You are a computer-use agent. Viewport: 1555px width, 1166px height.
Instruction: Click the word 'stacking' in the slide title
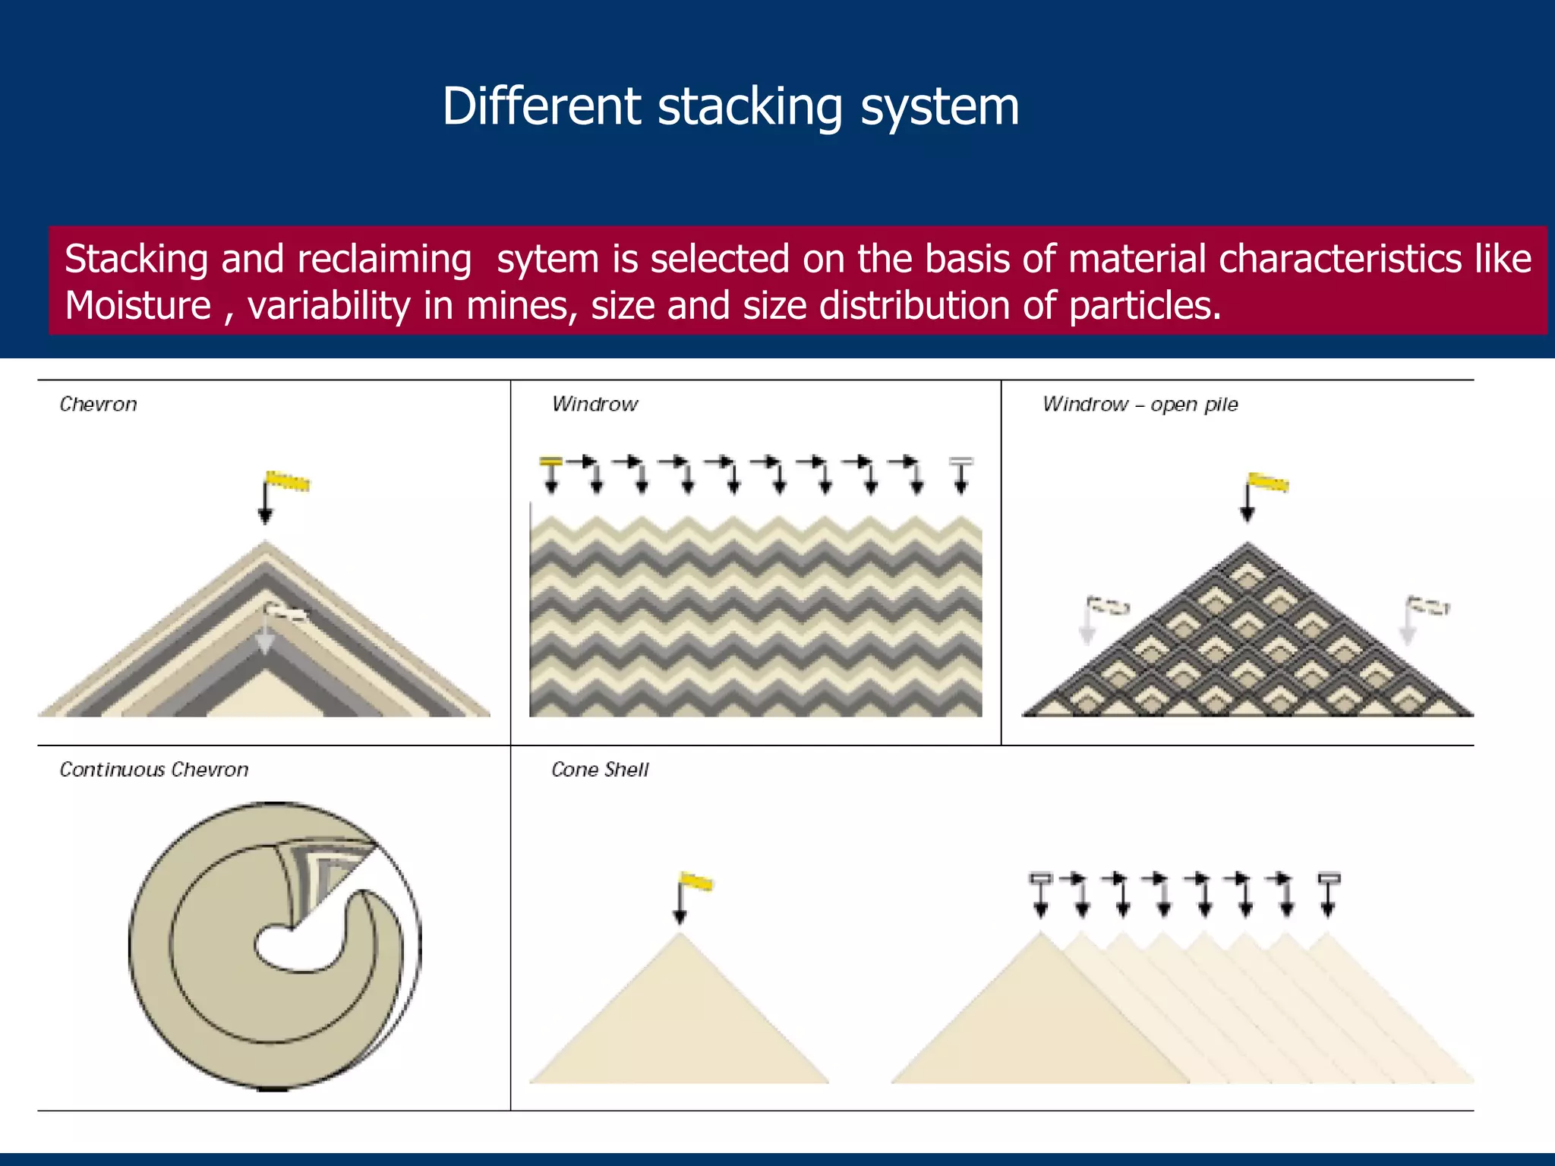click(x=749, y=107)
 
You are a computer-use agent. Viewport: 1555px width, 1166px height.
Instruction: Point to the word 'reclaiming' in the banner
click(x=384, y=259)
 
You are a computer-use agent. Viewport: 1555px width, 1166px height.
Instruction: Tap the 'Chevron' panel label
click(x=99, y=404)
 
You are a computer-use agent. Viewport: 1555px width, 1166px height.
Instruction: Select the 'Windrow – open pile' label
click(x=1140, y=404)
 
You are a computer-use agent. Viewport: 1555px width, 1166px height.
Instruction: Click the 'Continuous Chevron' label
click(x=154, y=770)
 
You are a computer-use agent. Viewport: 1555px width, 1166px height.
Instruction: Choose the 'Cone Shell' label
click(x=600, y=770)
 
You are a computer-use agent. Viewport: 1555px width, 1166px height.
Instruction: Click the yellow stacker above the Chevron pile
click(x=288, y=481)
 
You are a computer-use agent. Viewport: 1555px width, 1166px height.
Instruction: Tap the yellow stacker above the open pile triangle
click(x=1268, y=482)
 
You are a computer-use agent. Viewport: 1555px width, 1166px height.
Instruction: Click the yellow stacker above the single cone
click(x=696, y=881)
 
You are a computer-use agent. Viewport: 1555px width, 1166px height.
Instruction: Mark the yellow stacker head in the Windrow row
click(x=550, y=461)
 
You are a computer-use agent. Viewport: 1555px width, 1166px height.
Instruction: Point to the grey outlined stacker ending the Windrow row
click(x=961, y=461)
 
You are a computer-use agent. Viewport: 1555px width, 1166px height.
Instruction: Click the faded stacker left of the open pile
click(x=1107, y=606)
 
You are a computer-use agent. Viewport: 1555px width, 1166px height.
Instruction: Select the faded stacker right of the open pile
click(x=1429, y=606)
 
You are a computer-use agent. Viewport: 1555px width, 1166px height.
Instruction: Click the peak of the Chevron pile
click(x=265, y=544)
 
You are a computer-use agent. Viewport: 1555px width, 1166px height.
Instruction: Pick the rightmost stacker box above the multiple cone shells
click(x=1329, y=878)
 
